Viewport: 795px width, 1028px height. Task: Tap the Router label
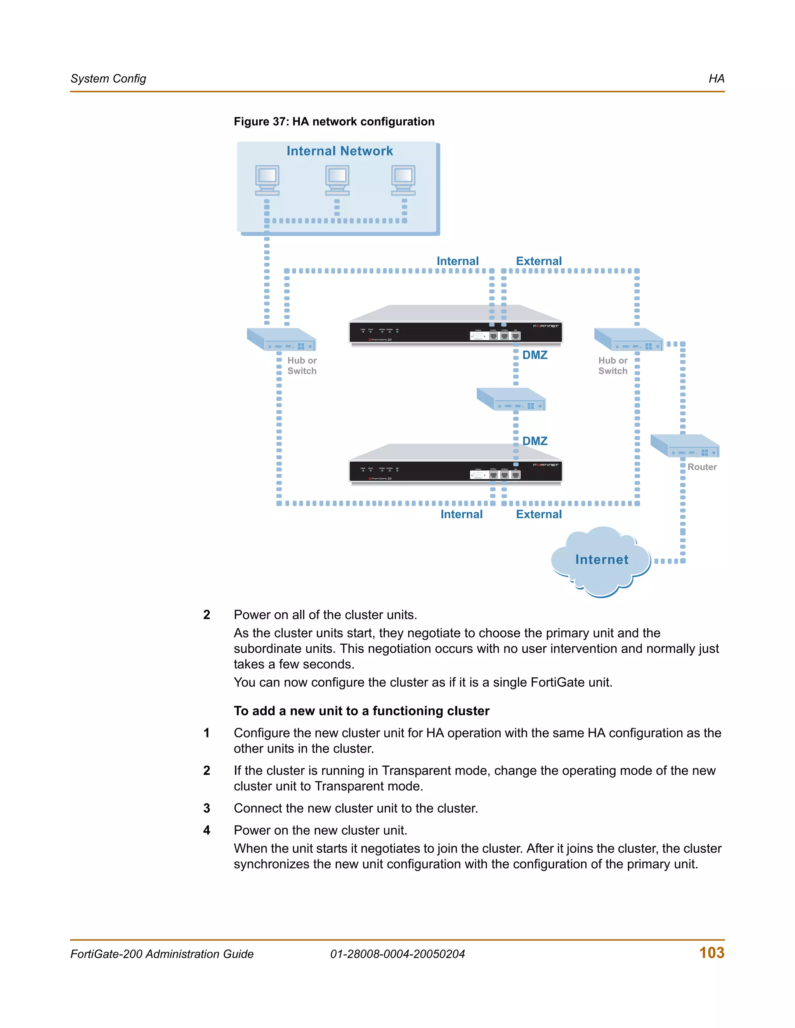702,467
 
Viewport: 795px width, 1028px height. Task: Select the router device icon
684,446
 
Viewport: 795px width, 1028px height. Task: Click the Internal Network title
340,151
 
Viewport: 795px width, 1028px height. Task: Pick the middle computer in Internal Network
337,180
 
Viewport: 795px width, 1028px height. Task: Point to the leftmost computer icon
267,180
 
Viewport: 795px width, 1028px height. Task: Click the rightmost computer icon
403,180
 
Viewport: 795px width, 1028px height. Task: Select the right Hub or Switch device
629,339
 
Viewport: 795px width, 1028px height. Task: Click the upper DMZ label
535,355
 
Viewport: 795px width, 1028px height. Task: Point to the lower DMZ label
535,441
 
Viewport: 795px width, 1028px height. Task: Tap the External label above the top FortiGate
539,261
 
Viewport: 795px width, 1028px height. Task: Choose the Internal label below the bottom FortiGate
461,514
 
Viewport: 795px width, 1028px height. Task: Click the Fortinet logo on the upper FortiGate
545,326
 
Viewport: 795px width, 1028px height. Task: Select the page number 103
712,953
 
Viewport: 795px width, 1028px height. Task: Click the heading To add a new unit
361,711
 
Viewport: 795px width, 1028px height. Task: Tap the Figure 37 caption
334,121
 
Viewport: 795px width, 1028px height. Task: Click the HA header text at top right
716,79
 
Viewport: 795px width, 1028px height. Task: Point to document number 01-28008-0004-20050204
397,954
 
